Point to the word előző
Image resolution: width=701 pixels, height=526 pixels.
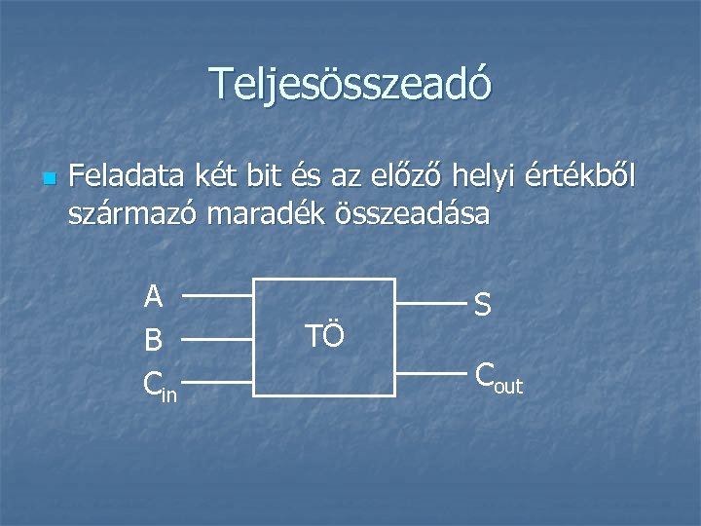pos(413,178)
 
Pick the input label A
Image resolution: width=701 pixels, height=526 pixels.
pos(153,295)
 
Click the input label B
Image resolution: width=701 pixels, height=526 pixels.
pos(153,341)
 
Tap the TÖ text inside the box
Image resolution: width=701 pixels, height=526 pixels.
pos(324,337)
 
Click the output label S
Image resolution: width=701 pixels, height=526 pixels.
pos(482,305)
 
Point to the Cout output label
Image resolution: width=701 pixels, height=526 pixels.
pos(498,376)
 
